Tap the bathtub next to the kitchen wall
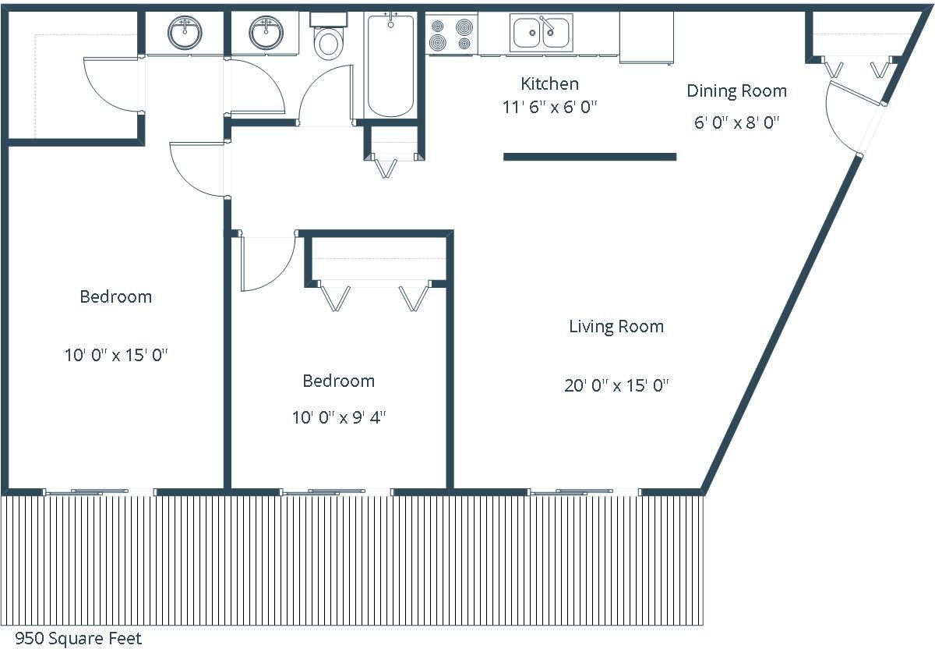(x=390, y=65)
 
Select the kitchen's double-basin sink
(x=541, y=32)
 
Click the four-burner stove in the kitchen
(x=451, y=34)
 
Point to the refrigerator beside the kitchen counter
(x=646, y=37)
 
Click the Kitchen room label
(x=550, y=84)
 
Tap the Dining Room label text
(x=737, y=91)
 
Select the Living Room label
(x=616, y=326)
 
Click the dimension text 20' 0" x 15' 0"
(x=616, y=385)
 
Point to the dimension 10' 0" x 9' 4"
(x=339, y=417)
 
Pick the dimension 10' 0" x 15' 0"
(x=116, y=355)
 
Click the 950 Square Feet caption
(x=79, y=638)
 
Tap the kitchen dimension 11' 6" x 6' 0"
(x=550, y=108)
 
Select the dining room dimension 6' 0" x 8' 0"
(x=737, y=122)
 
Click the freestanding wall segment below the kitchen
(x=590, y=157)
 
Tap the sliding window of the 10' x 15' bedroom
(x=100, y=492)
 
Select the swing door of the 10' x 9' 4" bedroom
(x=268, y=261)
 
